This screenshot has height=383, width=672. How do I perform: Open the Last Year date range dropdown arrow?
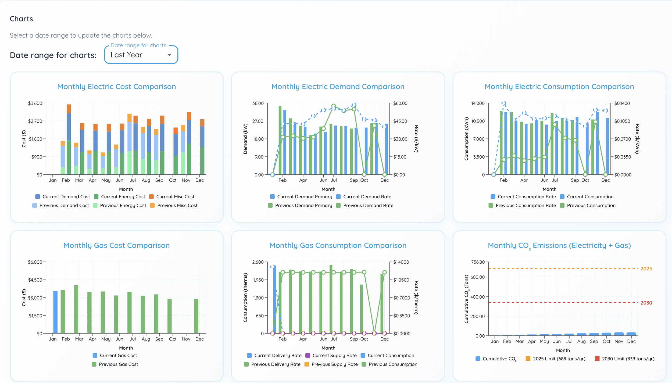[x=169, y=55]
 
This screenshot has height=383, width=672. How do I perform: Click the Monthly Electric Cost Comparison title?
[x=116, y=87]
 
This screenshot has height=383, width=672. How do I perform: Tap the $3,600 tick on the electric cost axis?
[x=35, y=103]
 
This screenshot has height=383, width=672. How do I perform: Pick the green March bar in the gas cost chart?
[x=76, y=309]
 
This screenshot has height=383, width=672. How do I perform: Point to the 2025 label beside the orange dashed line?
[x=646, y=269]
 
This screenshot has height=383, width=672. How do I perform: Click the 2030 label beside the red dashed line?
[x=646, y=303]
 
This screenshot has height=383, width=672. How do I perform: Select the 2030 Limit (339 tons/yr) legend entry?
[x=628, y=359]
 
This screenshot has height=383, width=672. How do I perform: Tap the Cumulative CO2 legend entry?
[x=499, y=359]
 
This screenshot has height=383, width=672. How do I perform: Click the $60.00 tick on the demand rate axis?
[x=400, y=103]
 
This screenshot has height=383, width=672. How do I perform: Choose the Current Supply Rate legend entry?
[x=334, y=356]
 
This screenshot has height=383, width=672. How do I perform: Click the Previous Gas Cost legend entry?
[x=118, y=364]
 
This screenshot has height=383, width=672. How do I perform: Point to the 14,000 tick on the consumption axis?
[x=478, y=103]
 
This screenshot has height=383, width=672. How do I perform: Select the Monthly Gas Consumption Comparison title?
[x=338, y=245]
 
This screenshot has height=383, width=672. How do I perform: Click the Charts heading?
[x=21, y=19]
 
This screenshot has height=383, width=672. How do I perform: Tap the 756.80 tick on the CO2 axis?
[x=478, y=262]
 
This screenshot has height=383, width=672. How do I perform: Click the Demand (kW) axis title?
[x=245, y=139]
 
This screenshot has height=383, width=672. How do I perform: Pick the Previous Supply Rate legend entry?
[x=334, y=364]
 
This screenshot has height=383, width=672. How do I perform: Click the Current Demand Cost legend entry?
[x=66, y=197]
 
